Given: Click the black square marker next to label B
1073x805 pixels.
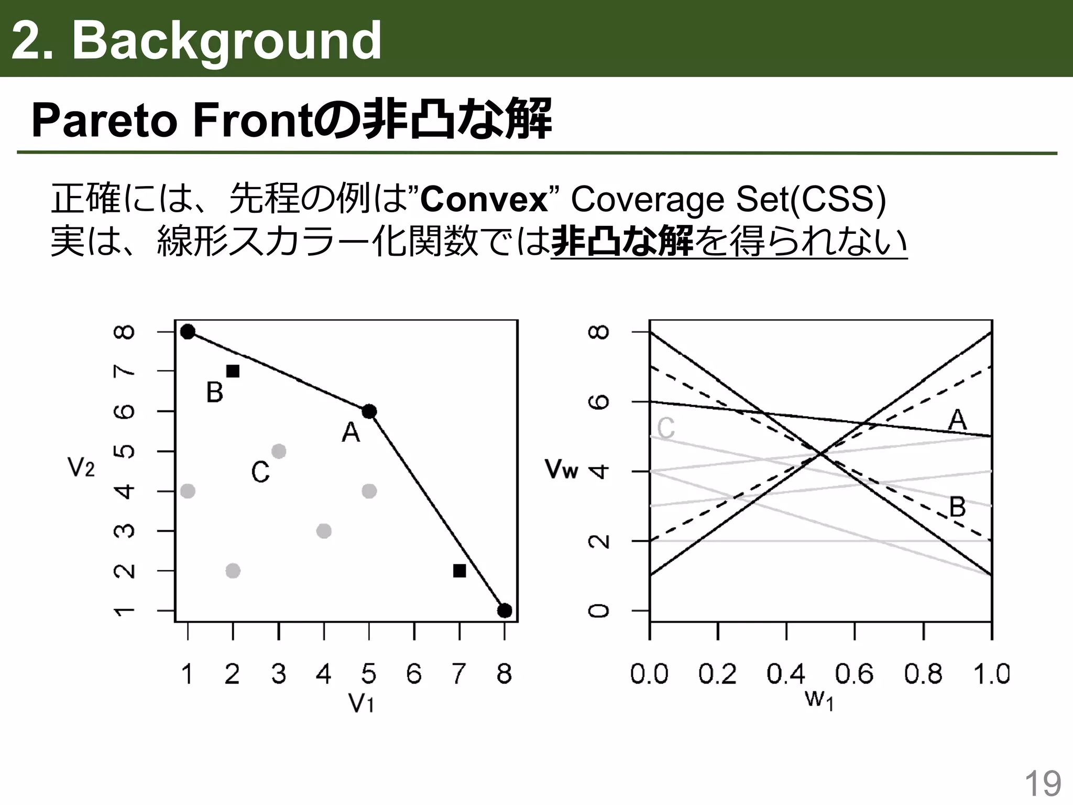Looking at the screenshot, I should (x=233, y=371).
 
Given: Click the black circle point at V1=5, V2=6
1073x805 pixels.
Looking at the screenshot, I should (x=369, y=411).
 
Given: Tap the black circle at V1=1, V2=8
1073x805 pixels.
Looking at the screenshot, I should (x=188, y=332).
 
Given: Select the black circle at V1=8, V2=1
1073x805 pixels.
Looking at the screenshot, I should (x=505, y=611).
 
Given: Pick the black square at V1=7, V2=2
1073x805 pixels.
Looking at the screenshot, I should (x=459, y=571).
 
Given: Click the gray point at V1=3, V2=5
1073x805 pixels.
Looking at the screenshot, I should (x=279, y=451).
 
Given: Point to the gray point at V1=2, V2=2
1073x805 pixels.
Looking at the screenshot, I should (x=233, y=571).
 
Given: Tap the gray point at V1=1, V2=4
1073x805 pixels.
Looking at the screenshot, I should (x=188, y=491).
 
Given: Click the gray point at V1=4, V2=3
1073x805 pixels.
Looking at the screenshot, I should (x=324, y=531).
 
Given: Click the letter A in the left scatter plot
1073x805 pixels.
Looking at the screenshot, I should (x=351, y=433).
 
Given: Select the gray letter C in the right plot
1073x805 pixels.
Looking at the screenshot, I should (x=666, y=428).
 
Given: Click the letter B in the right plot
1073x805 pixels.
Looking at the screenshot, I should (x=957, y=507).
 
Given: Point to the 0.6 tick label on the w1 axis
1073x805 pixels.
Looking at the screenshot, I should (x=854, y=674).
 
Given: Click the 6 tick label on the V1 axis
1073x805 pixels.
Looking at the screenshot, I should (x=414, y=674).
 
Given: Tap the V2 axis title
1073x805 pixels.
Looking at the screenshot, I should (x=81, y=467).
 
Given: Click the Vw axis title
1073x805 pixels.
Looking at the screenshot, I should (x=561, y=469).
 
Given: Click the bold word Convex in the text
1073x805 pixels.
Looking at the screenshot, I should (x=484, y=200).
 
